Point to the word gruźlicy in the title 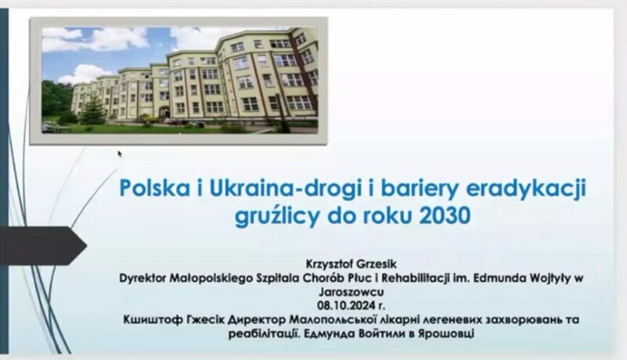pos(277,217)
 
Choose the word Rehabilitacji pos(416,278)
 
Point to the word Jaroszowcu pos(351,292)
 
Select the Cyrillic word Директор pos(258,320)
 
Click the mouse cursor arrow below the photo pos(120,154)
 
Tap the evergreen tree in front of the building pos(94,108)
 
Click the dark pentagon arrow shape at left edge pos(43,245)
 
